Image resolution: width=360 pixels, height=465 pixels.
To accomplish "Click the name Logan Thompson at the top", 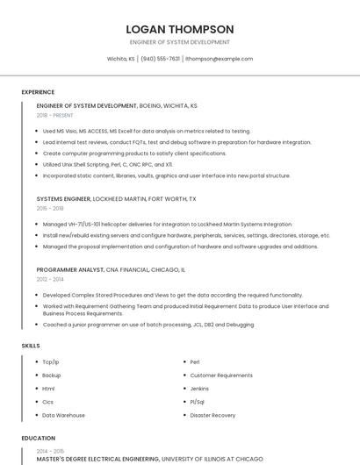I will pos(179,29).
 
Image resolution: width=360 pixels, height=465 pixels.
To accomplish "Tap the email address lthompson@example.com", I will pos(219,59).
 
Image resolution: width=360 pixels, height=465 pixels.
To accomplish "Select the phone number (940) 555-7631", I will pos(160,59).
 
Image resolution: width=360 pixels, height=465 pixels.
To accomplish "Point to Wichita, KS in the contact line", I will pos(120,59).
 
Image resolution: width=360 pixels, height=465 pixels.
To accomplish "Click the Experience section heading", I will pos(38,92).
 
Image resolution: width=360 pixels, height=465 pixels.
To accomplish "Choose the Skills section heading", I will pos(31,346).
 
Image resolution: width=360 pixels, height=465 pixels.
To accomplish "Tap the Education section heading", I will pos(38,438).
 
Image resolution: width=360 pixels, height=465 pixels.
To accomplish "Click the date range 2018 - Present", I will pos(55,115).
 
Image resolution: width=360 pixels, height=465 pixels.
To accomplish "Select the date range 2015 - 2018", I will pos(50,208).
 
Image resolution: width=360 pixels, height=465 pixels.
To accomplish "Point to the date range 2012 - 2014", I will pos(50,279).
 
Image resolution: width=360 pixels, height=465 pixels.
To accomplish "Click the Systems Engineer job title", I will pos(62,199).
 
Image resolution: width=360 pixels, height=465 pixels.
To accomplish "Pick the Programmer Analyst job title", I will pos(70,270).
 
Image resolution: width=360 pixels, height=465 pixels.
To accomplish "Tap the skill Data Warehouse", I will pos(63,415).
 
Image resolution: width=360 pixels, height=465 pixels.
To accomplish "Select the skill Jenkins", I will pos(199,388).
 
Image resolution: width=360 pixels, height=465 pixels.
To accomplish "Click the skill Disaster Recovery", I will pos(212,415).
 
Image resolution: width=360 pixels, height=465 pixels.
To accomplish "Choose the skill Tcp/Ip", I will pos(51,361).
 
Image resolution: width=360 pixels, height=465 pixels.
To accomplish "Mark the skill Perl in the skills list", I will pos(195,361).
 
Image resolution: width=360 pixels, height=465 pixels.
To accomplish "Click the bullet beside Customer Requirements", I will pos(182,375).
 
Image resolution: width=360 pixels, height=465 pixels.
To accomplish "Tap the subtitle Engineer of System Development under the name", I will pos(179,42).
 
